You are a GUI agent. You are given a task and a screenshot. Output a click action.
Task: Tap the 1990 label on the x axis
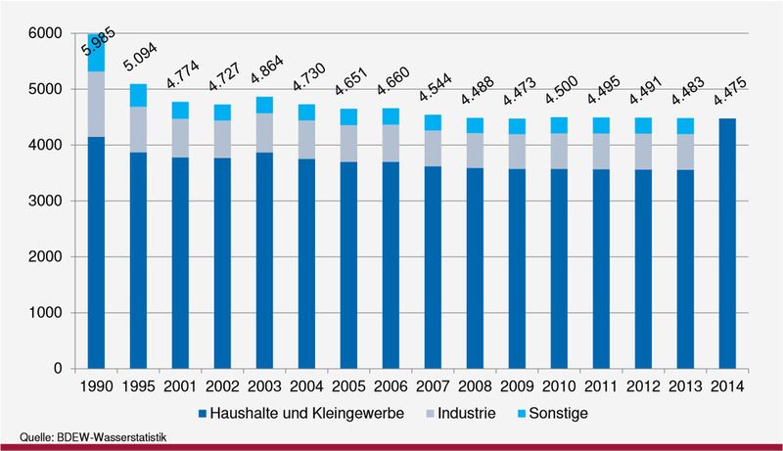click(x=95, y=384)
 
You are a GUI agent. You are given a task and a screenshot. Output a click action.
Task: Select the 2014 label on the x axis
click(x=725, y=384)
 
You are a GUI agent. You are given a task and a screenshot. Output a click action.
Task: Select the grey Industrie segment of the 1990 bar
click(x=95, y=104)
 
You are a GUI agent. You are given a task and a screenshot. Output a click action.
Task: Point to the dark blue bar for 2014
click(x=725, y=244)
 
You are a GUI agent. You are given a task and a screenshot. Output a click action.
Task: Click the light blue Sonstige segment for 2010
click(x=558, y=125)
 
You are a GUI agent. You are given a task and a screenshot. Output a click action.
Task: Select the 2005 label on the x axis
click(x=347, y=384)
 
